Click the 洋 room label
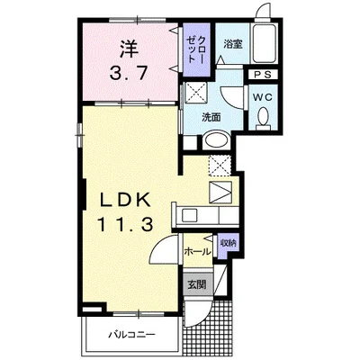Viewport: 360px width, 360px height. (130, 49)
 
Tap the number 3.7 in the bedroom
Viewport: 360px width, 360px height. (129, 73)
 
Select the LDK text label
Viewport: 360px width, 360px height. (125, 200)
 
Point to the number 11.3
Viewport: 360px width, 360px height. (125, 224)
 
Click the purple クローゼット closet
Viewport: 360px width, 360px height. (196, 49)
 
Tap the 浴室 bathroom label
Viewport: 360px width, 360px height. (233, 44)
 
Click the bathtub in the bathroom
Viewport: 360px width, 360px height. (264, 43)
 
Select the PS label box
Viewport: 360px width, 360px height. (263, 75)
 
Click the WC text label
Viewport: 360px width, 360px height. (262, 97)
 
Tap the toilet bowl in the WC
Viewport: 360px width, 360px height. (264, 117)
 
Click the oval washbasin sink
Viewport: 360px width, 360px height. (216, 139)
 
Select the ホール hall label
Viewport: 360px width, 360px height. (197, 251)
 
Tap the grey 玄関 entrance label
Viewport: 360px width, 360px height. (198, 283)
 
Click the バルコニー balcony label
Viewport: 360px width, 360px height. (131, 334)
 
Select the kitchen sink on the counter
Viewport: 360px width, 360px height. (190, 215)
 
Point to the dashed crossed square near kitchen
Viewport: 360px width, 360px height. (220, 166)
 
